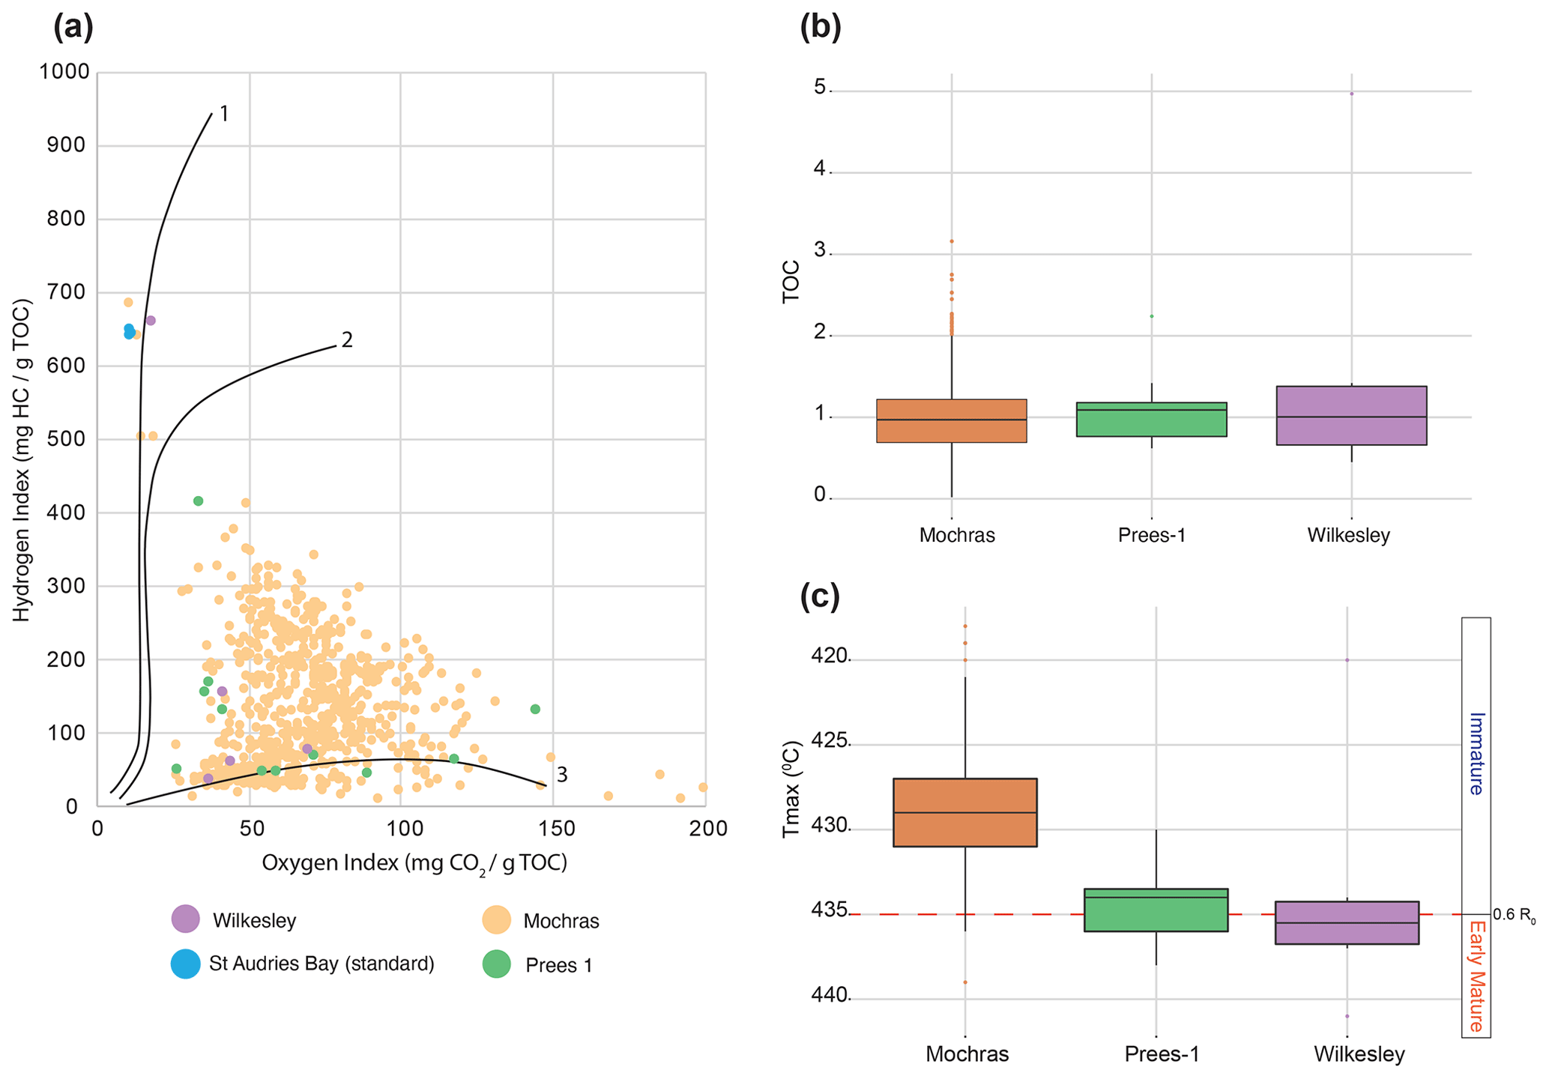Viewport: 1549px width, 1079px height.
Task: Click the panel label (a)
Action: pyautogui.click(x=73, y=28)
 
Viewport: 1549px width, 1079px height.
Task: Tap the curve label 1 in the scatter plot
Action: pyautogui.click(x=223, y=114)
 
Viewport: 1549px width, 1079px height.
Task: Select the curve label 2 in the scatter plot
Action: pyautogui.click(x=346, y=340)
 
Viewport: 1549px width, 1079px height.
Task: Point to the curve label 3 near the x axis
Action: pyautogui.click(x=561, y=776)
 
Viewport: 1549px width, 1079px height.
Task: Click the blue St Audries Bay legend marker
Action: pyautogui.click(x=185, y=964)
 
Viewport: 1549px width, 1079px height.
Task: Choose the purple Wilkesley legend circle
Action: pyautogui.click(x=185, y=919)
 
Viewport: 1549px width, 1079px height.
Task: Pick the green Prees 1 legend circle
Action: pyautogui.click(x=496, y=964)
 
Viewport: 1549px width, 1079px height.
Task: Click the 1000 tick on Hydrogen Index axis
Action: pyautogui.click(x=64, y=72)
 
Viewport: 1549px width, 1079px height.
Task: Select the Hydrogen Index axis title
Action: pyautogui.click(x=22, y=460)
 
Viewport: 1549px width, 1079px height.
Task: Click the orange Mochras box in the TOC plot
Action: pyautogui.click(x=951, y=421)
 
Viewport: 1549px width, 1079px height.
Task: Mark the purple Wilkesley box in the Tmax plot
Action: pyautogui.click(x=1347, y=922)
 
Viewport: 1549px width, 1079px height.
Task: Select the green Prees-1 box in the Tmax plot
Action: pyautogui.click(x=1156, y=910)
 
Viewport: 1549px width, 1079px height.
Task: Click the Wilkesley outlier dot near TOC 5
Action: pyautogui.click(x=1351, y=94)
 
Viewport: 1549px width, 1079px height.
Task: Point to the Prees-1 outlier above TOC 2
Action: pyautogui.click(x=1152, y=316)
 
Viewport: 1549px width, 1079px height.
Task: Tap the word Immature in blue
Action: pyautogui.click(x=1476, y=753)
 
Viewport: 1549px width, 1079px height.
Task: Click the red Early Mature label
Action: pyautogui.click(x=1476, y=976)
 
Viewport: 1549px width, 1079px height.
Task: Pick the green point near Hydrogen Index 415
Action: pyautogui.click(x=198, y=501)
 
